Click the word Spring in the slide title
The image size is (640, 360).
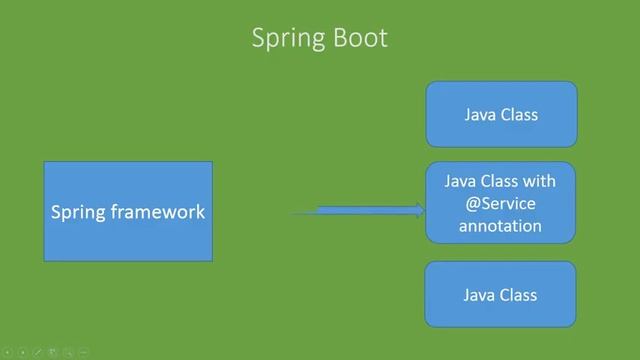[x=285, y=38]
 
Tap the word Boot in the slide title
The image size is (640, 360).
[x=359, y=38]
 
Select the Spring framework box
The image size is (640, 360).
[x=128, y=211]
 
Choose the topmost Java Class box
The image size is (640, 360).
[x=501, y=114]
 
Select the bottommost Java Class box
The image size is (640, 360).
[x=501, y=295]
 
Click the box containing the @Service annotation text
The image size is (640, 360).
[x=501, y=203]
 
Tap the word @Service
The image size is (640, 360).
[x=500, y=204]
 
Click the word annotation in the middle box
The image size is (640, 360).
[x=500, y=226]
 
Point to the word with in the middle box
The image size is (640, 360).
[x=539, y=182]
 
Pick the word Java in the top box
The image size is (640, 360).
[x=480, y=115]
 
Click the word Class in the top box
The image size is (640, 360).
[x=519, y=115]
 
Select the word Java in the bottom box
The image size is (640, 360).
[x=480, y=295]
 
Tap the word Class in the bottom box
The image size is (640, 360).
[x=519, y=295]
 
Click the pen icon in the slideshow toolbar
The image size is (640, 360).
[x=37, y=352]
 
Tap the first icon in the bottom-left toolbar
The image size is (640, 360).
[x=6, y=352]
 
